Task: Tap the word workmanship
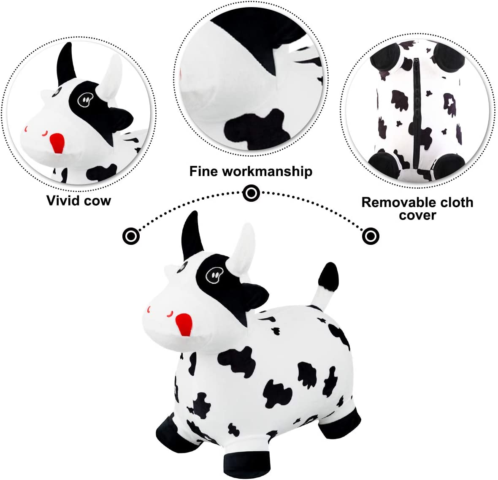click(267, 171)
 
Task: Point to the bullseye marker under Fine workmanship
click(251, 193)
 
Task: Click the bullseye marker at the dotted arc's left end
click(131, 236)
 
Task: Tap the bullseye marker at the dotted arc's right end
click(370, 236)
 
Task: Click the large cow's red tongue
click(184, 325)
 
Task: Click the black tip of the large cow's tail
click(328, 277)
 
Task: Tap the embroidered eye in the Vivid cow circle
click(85, 100)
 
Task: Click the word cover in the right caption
click(417, 216)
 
